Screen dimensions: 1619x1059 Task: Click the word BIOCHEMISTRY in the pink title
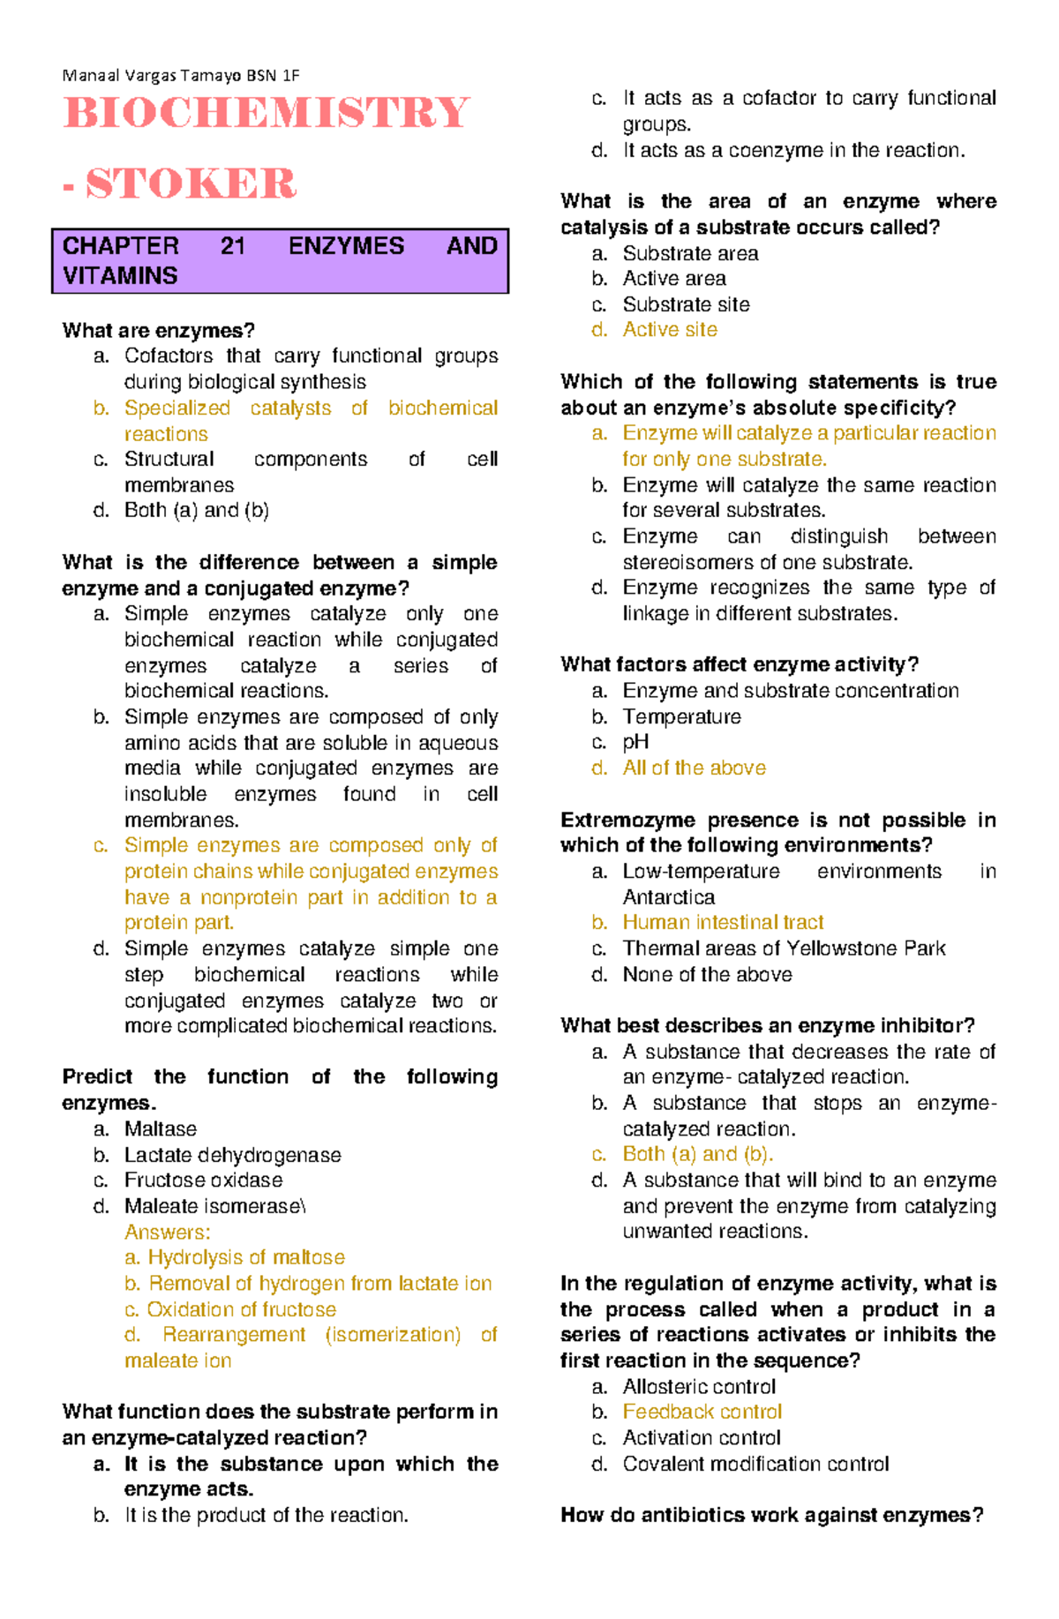tap(267, 114)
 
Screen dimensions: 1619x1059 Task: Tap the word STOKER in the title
tap(191, 184)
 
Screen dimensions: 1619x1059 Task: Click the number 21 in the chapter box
tap(233, 246)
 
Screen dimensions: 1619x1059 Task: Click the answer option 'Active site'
tap(670, 330)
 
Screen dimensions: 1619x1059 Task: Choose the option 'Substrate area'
tap(690, 254)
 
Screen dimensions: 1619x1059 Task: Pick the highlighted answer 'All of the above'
tap(694, 768)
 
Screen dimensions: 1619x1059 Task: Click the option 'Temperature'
tap(681, 716)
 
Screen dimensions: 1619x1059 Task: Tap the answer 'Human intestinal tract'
tap(723, 923)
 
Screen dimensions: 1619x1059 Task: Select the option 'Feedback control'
tap(702, 1412)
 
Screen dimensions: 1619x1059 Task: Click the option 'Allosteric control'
tap(699, 1387)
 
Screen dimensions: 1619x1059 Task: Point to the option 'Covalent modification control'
tap(755, 1464)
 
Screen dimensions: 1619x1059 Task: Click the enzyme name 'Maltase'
tap(161, 1129)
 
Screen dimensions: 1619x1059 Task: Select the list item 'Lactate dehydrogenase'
tap(232, 1155)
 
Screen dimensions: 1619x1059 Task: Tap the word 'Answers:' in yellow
tap(168, 1233)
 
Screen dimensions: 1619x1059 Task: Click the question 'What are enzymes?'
tap(159, 331)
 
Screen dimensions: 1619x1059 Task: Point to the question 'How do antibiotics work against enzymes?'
tap(771, 1515)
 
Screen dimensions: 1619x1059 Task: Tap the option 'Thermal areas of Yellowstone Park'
tap(784, 948)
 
